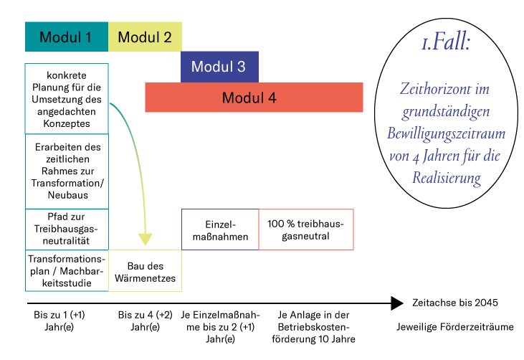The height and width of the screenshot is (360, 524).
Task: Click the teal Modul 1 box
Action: pos(66,37)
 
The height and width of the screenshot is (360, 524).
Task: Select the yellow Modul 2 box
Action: pos(145,37)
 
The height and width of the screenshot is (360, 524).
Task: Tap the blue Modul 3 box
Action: pos(219,67)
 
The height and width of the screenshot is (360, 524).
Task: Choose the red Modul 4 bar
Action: pos(254,98)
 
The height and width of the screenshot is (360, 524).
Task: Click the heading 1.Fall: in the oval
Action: pos(446,43)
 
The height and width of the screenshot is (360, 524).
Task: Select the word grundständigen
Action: pos(446,112)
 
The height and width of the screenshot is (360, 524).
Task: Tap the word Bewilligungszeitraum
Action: pos(446,134)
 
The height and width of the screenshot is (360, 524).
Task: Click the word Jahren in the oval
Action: pos(440,156)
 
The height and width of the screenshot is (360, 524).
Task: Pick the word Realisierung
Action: pos(446,179)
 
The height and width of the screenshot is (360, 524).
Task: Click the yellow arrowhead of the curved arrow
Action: pos(146,239)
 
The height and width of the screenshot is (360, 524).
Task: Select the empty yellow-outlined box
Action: pos(145,270)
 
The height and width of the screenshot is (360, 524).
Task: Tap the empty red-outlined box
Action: pos(306,229)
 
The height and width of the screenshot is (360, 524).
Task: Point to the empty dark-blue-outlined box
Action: pos(219,229)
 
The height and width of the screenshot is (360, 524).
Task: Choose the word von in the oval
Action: pos(399,156)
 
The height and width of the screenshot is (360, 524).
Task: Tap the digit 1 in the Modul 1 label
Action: pos(88,37)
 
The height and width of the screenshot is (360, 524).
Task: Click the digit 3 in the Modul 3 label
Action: pos(242,67)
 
